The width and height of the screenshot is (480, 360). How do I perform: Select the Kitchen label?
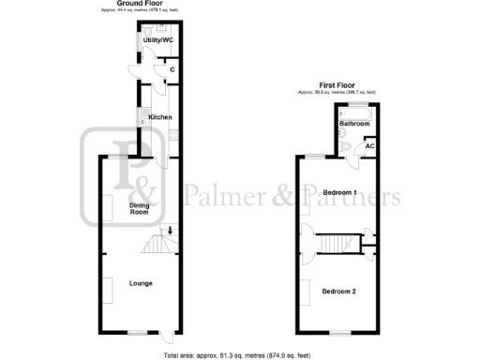[x=160, y=117]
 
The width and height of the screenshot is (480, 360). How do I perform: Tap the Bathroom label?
[x=354, y=124]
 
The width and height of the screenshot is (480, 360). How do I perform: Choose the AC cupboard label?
[x=370, y=146]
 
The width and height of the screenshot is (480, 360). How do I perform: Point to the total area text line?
[x=239, y=355]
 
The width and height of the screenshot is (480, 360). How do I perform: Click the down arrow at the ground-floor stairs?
[x=170, y=230]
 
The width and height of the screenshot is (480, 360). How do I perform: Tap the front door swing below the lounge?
[x=164, y=339]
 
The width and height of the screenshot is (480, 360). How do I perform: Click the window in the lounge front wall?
[x=139, y=332]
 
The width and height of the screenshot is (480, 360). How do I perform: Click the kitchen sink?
[x=142, y=117]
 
